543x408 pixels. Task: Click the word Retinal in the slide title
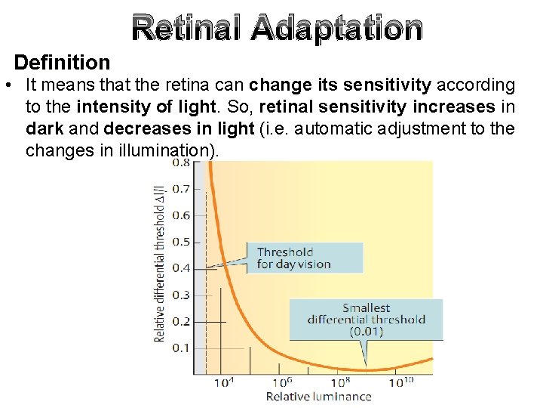point(186,29)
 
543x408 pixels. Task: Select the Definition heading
point(62,62)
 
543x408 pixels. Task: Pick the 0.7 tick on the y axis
point(181,189)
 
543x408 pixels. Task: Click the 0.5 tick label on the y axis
point(181,242)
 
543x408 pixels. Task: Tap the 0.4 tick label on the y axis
point(181,268)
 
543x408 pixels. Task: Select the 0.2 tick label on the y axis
point(181,321)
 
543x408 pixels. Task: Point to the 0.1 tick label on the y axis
point(181,348)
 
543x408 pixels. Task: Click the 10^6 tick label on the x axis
point(282,383)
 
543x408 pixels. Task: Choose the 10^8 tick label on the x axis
point(341,383)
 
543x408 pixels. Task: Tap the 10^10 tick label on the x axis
point(401,383)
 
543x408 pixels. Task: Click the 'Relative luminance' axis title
point(318,397)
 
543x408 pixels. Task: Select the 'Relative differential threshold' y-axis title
point(160,262)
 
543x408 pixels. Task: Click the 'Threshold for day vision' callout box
point(305,258)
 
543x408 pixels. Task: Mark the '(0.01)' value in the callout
point(367,332)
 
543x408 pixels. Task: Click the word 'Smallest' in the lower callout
point(367,308)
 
